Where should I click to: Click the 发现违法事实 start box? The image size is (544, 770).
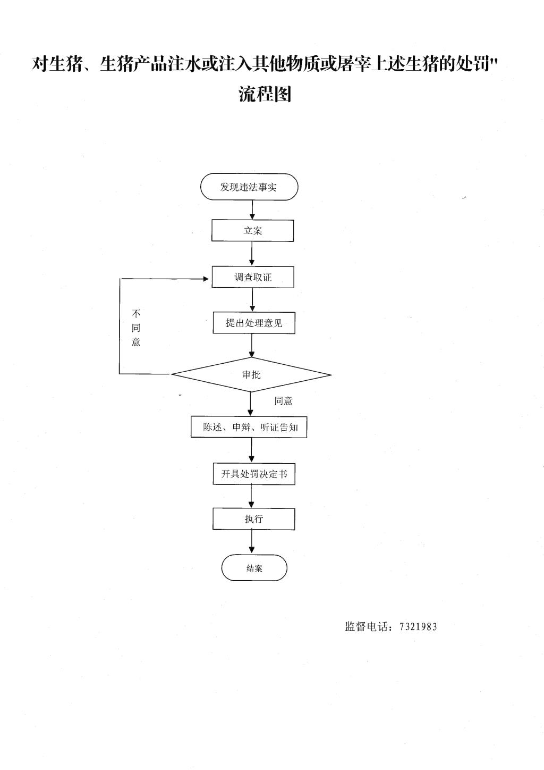[x=249, y=187]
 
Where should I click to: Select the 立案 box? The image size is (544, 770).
[x=252, y=230]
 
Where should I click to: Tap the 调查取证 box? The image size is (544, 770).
[x=253, y=277]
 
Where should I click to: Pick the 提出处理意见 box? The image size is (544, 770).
[x=254, y=323]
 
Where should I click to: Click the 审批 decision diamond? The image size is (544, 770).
[x=251, y=374]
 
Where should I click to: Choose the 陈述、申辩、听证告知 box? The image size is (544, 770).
[x=249, y=428]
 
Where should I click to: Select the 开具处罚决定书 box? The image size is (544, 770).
[x=254, y=474]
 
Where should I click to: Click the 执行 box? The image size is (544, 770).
[x=254, y=518]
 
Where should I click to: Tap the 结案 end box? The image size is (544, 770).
[x=254, y=568]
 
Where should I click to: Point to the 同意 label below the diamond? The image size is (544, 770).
[x=283, y=401]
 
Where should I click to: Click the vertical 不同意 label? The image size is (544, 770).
[x=136, y=328]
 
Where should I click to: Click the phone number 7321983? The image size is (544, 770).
[x=418, y=627]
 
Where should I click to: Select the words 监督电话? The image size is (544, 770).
[x=367, y=626]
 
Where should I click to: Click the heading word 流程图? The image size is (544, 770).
[x=265, y=94]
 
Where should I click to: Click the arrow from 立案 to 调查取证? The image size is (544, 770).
[x=252, y=254]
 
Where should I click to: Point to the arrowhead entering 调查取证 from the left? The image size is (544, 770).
[x=206, y=279]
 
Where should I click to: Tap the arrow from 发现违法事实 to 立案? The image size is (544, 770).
[x=252, y=210]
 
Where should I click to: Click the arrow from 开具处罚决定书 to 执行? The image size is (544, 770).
[x=252, y=496]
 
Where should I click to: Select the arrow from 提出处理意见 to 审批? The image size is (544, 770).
[x=252, y=346]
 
